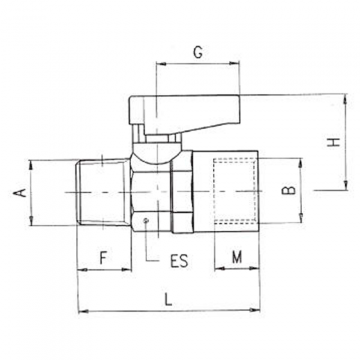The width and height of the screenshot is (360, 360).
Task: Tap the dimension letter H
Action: [332, 142]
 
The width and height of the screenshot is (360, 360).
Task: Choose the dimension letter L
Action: [168, 299]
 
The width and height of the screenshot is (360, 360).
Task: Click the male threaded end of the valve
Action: [103, 191]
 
